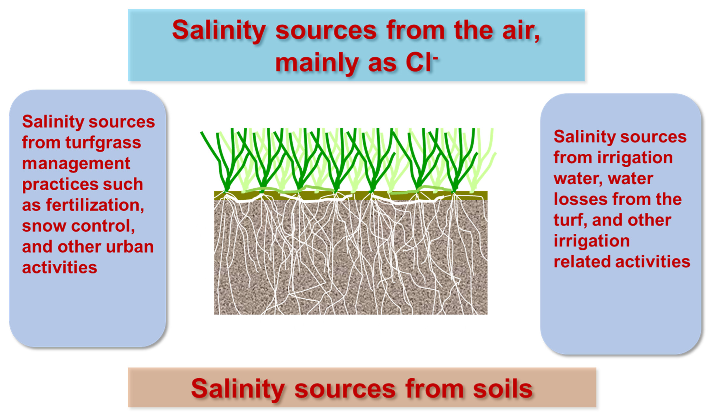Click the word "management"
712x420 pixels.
tap(76, 164)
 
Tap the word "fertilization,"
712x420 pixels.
tap(95, 205)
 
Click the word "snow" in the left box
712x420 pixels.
tap(44, 226)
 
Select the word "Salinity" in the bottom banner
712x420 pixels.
tap(238, 391)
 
